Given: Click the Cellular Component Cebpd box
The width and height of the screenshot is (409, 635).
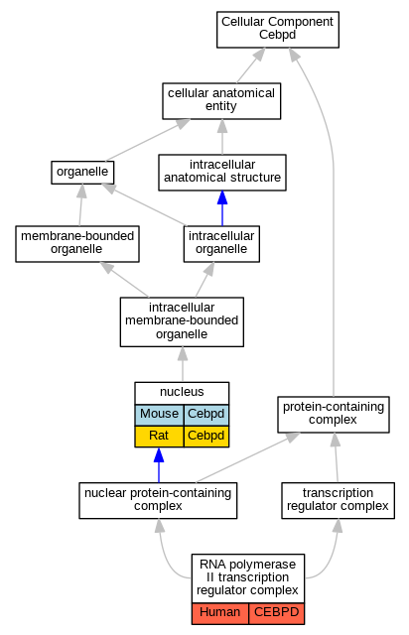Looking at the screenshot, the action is pos(278,30).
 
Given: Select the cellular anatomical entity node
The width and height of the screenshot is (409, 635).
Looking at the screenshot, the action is pos(221,101).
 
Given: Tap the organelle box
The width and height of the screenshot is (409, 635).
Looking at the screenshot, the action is pos(82,173).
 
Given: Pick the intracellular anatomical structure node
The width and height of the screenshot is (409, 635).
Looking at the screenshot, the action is pos(222,173).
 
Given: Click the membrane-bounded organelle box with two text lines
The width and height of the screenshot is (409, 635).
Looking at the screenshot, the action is pos(77,244).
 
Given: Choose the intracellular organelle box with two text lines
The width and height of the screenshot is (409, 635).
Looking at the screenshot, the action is pos(221,244).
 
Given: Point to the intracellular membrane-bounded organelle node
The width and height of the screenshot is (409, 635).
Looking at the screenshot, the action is pos(182,321).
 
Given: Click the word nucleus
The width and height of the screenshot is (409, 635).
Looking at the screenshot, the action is pos(182,392).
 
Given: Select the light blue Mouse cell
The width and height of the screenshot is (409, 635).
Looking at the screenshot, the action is pos(159,415).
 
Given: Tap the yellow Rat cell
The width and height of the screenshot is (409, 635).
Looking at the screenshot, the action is pos(159,437).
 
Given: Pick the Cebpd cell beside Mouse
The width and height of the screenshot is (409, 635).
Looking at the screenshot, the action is pos(206,415).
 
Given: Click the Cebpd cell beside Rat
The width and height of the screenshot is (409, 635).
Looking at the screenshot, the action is pos(206,437).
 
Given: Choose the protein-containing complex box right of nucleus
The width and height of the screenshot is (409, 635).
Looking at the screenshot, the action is pos(334,415).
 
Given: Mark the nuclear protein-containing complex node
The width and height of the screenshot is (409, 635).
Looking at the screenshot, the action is pos(158,500).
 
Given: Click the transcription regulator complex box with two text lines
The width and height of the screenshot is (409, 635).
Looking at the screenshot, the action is pos(339,500).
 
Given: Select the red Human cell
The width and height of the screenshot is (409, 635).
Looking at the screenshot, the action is pos(220,613).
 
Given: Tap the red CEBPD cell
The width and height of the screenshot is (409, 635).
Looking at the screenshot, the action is pos(276,613).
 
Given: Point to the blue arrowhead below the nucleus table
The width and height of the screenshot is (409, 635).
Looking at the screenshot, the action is pos(159,455).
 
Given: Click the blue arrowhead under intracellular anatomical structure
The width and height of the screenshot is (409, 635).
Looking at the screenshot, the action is pos(222,198).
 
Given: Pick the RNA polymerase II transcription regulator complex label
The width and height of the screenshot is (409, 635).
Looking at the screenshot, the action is pos(247,577).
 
